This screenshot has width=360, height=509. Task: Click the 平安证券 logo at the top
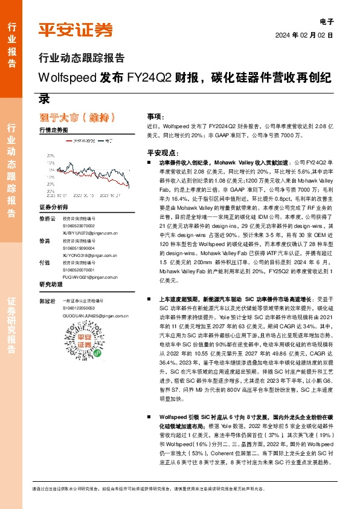pos(76,29)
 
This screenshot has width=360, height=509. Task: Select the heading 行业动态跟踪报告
pos(82,59)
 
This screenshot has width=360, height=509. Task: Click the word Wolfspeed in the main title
pos(66,79)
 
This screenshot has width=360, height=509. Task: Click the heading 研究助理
pos(51,284)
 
